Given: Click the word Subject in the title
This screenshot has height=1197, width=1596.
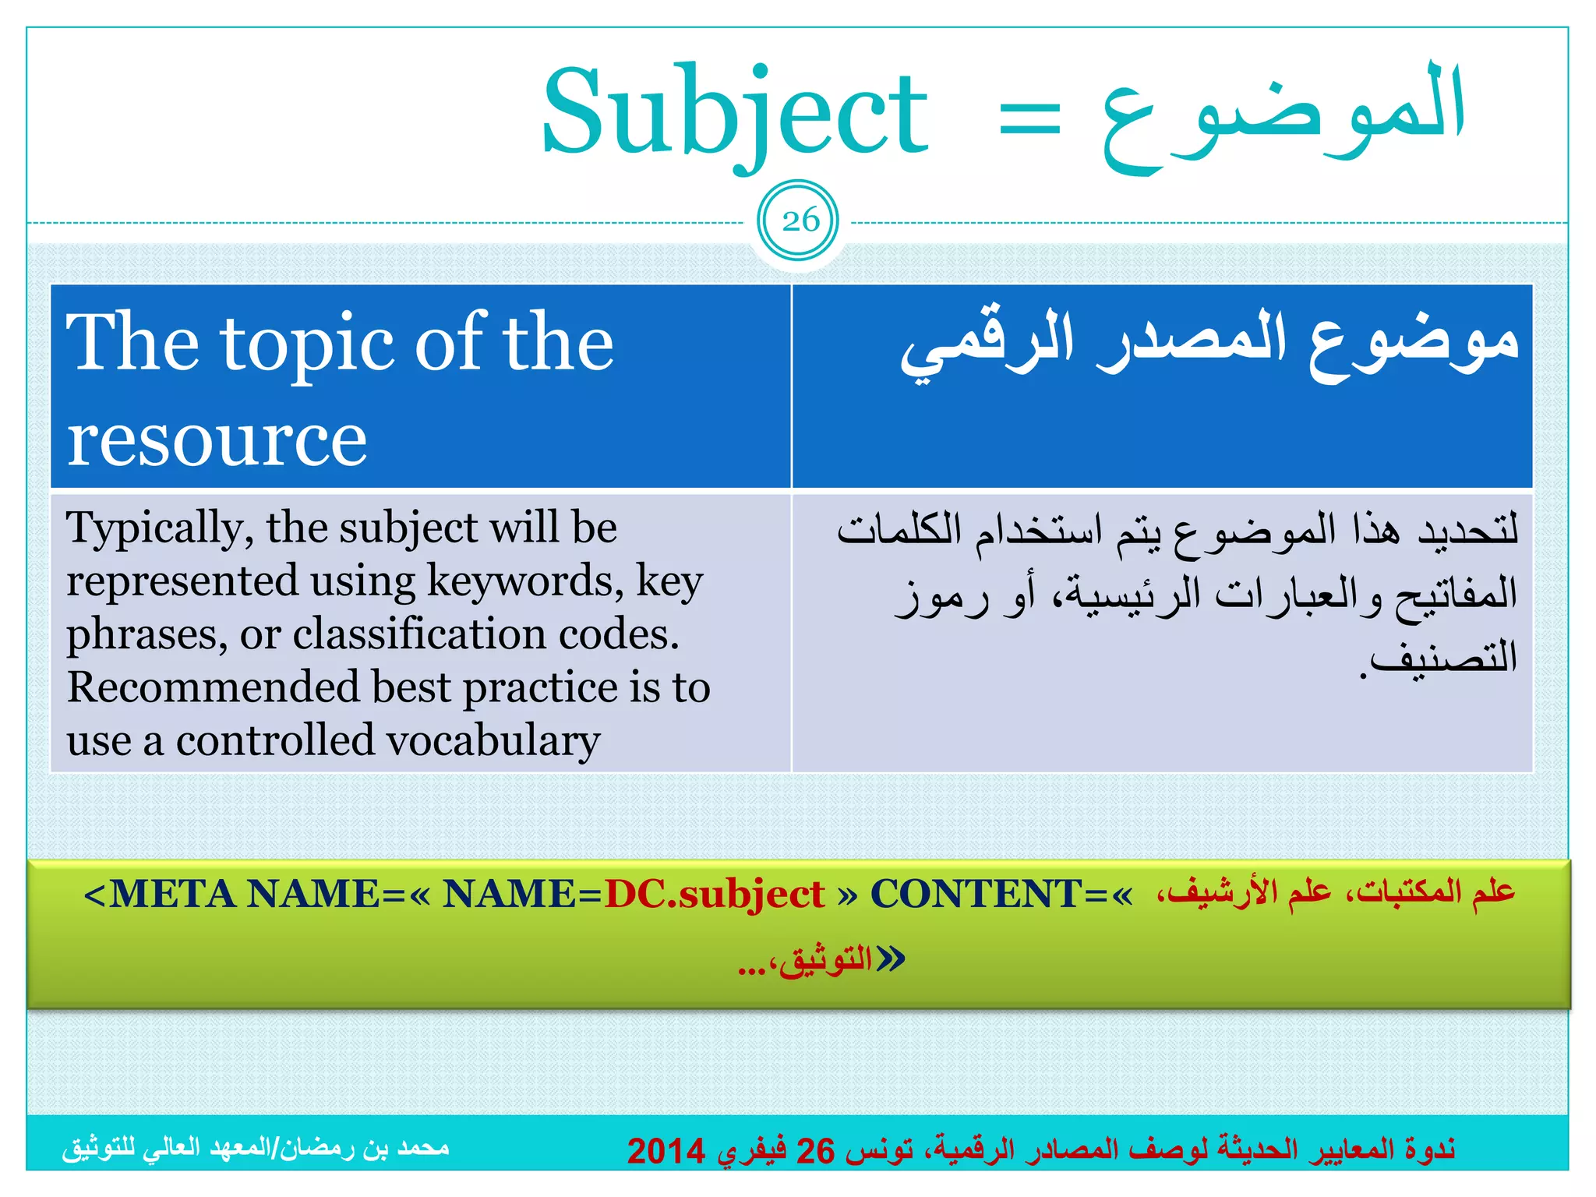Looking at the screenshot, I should click(x=735, y=113).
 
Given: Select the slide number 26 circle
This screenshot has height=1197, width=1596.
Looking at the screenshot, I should click(x=799, y=221).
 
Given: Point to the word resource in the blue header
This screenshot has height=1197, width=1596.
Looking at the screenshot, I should click(x=217, y=440).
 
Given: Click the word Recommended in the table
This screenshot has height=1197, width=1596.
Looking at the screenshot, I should click(x=213, y=687).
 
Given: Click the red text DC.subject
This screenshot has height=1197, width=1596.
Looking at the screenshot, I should click(x=714, y=894).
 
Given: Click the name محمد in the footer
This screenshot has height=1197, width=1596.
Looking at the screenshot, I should click(x=423, y=1147).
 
